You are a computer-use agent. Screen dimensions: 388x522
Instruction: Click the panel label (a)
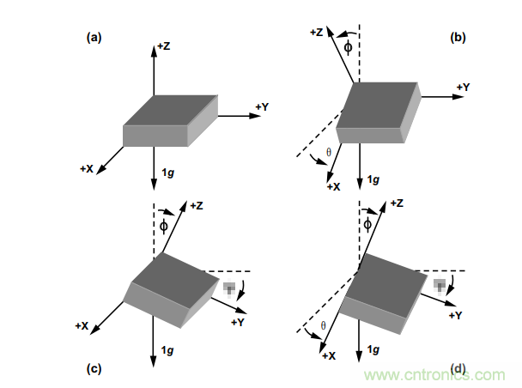pos(94,37)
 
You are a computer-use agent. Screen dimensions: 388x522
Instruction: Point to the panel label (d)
pos(459,369)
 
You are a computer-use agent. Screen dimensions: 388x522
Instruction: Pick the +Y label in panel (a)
pos(262,106)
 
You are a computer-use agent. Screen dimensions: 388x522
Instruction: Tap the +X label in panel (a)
pos(86,169)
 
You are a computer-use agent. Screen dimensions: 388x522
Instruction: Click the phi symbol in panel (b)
pos(347,45)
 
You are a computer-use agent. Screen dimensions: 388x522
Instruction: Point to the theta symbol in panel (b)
pos(328,153)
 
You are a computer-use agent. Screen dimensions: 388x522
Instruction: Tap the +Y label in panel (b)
pos(462,87)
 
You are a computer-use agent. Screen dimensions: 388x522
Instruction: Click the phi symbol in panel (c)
pos(163,225)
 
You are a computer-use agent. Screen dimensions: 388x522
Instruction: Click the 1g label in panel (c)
pos(170,351)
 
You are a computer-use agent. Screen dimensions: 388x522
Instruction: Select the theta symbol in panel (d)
pos(323,325)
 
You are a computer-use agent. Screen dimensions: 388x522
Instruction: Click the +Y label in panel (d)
pos(457,315)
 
